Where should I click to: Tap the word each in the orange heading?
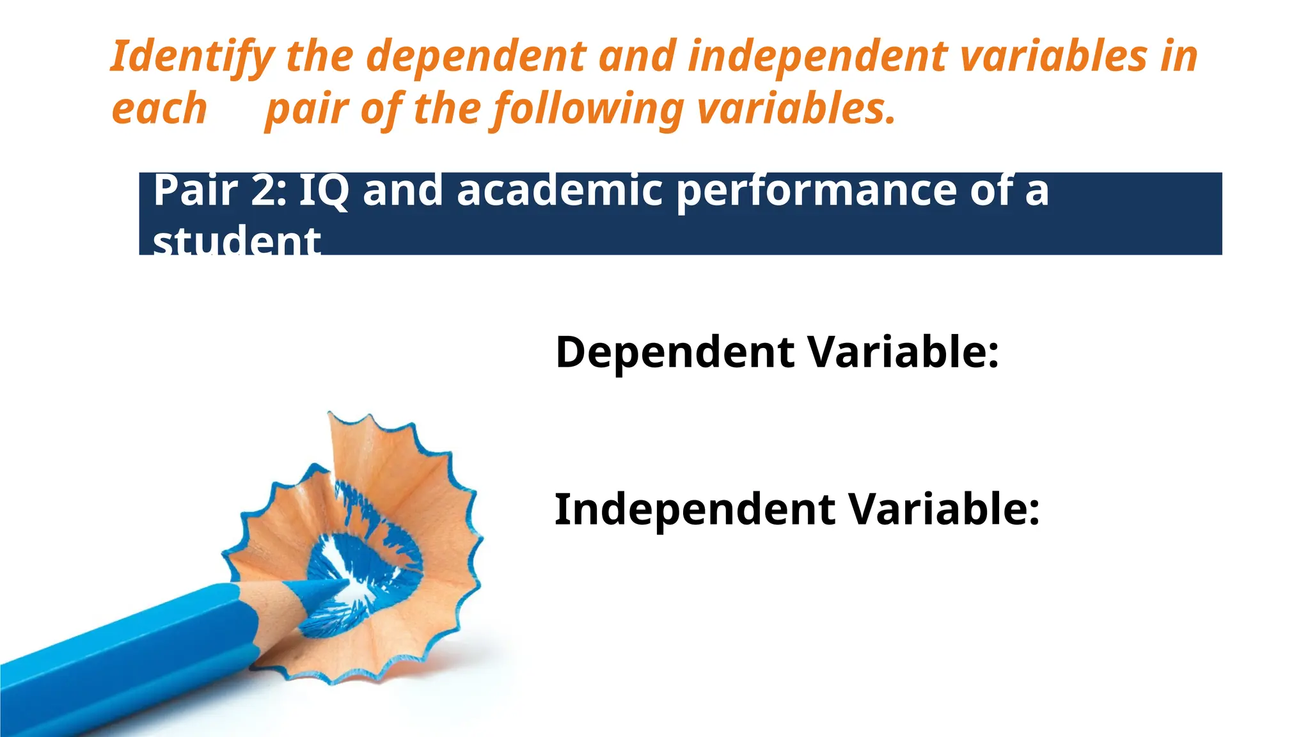(x=159, y=109)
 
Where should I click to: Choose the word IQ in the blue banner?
(x=324, y=191)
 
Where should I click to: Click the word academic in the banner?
(x=560, y=191)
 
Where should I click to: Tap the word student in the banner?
(x=236, y=242)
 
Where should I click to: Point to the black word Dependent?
(x=675, y=353)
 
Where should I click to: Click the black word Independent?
(x=695, y=510)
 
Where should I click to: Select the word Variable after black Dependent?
(x=903, y=352)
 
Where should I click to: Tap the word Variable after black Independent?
(x=943, y=510)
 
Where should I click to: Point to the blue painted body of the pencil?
(x=128, y=659)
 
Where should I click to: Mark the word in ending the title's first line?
(x=1178, y=56)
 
